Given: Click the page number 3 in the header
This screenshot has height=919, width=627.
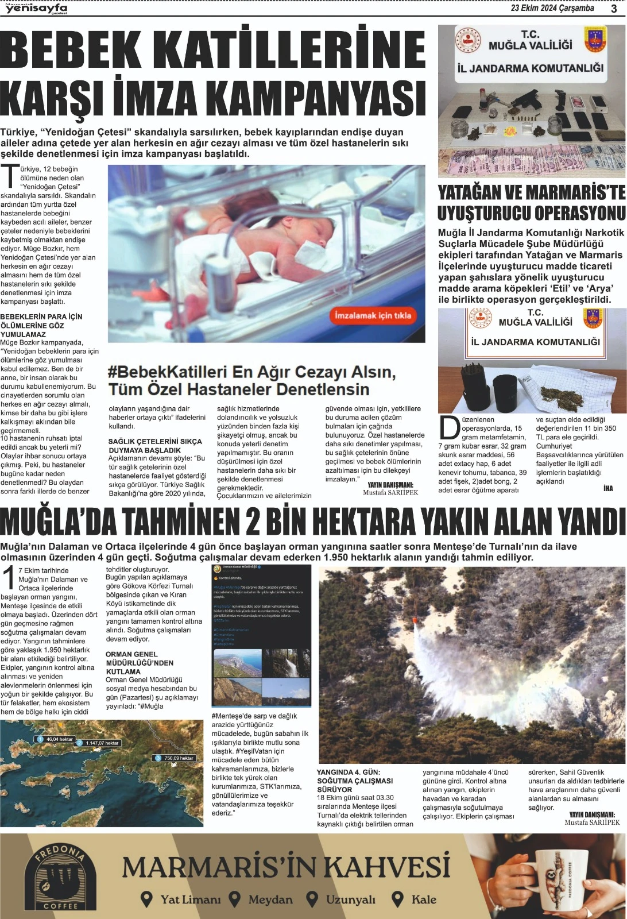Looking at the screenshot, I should tap(614, 9).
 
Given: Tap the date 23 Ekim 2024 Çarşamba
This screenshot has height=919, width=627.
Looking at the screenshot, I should tap(552, 8).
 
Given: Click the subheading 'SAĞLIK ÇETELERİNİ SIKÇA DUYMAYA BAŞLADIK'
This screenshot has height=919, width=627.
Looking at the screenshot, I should tap(155, 446).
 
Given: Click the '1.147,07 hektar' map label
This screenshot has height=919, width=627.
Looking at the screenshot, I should tap(102, 743).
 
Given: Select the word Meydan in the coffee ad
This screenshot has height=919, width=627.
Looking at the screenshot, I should tap(270, 899).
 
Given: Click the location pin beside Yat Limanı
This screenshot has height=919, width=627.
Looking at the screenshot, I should tap(147, 899).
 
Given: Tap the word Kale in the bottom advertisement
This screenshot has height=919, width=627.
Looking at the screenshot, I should tap(424, 899).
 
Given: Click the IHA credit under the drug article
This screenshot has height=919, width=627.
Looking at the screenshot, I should tap(608, 488).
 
